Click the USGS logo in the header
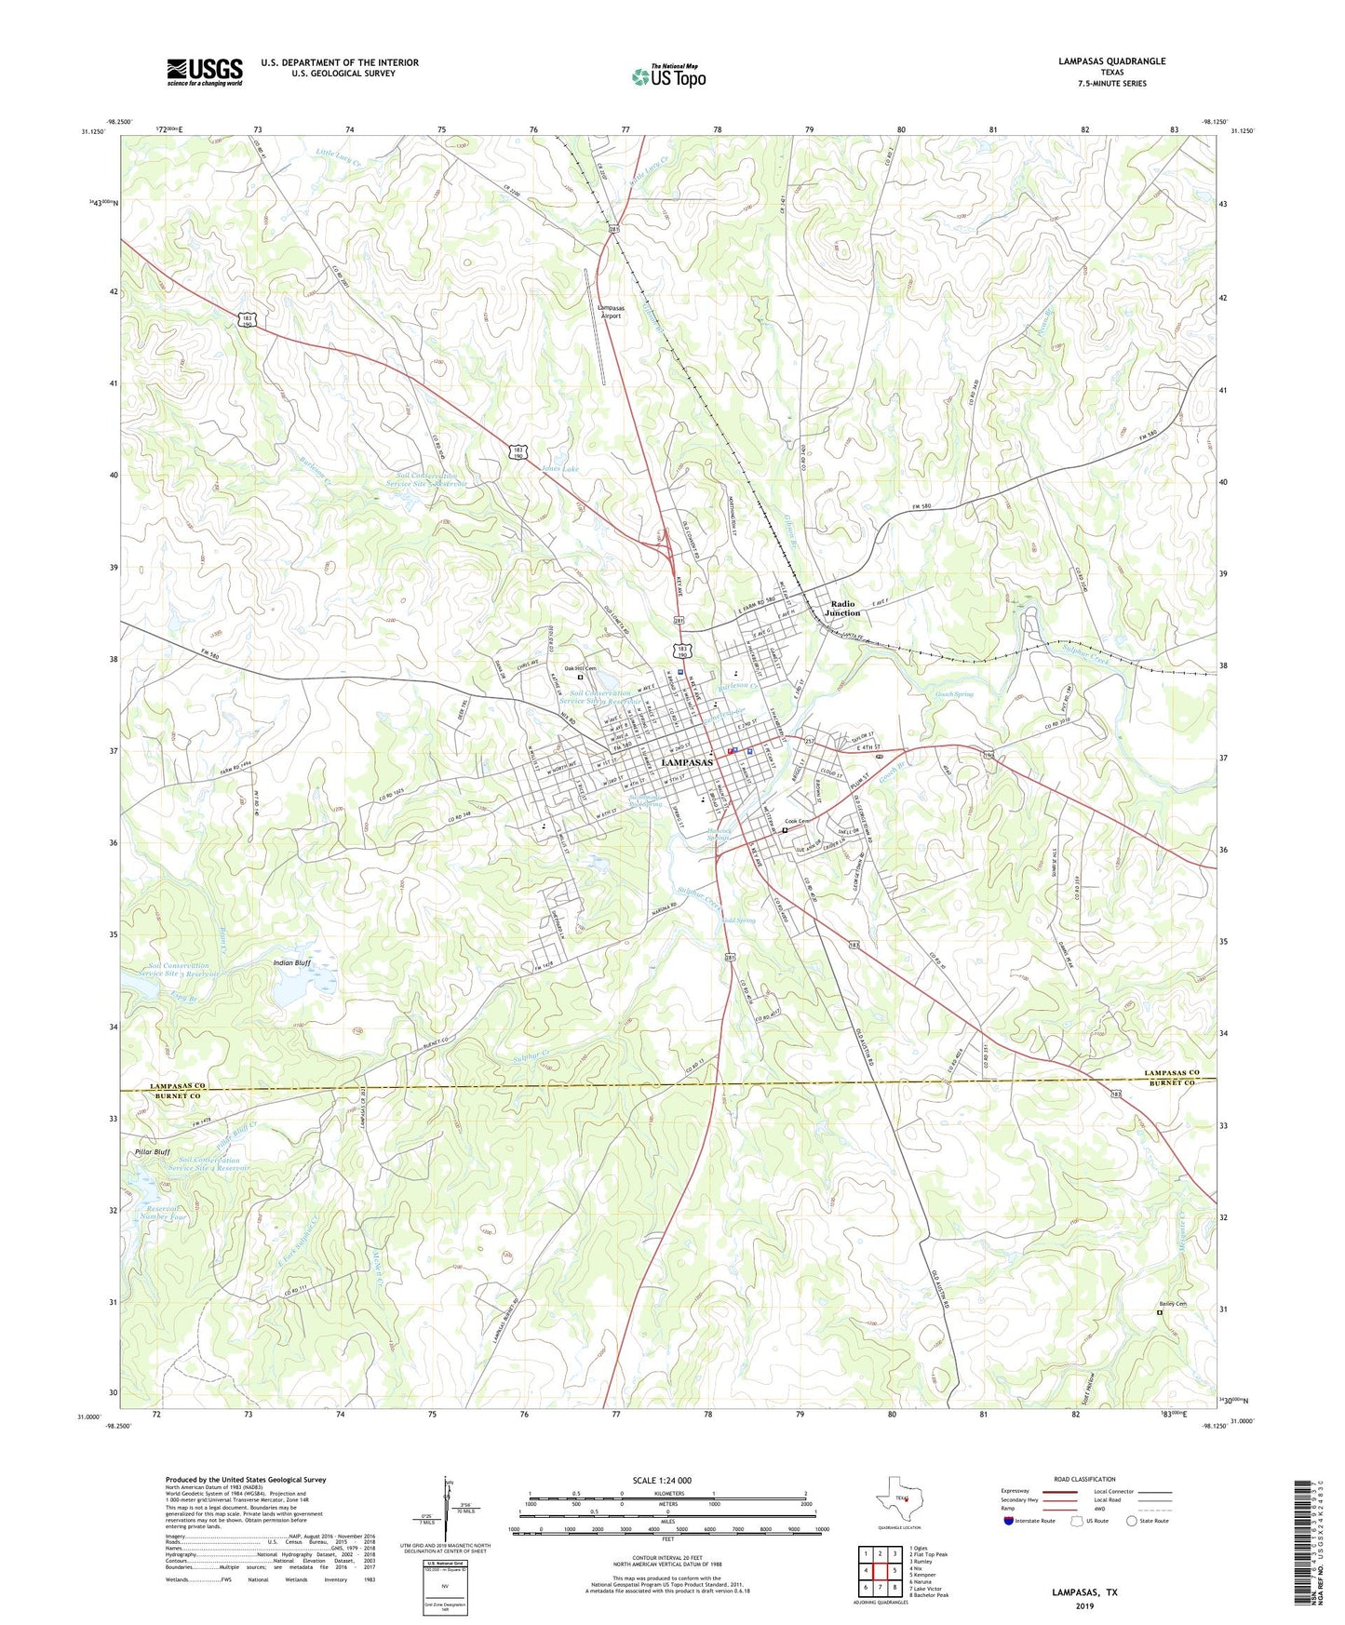(x=205, y=72)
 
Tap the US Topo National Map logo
(x=668, y=76)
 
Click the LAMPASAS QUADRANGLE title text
(x=1111, y=61)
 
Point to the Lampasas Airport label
(x=611, y=312)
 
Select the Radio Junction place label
(x=842, y=609)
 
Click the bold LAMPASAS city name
(x=686, y=763)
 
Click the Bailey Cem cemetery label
(x=1173, y=1304)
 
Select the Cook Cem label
(x=797, y=821)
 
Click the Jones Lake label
(x=559, y=469)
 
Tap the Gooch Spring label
(x=954, y=694)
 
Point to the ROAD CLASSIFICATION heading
(x=1085, y=1479)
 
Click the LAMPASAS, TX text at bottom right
(x=1084, y=1592)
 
